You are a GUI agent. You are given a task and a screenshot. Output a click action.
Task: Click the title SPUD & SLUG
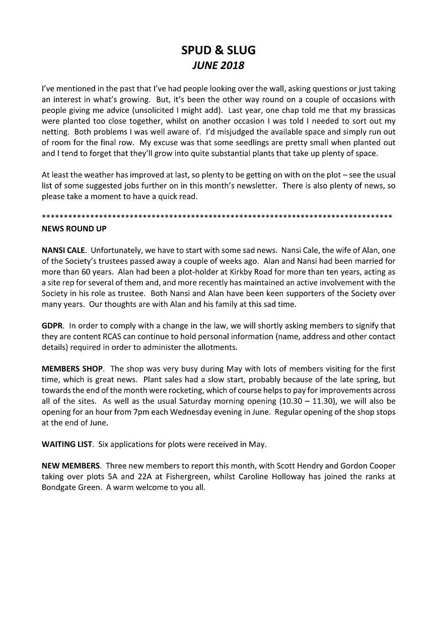[218, 50]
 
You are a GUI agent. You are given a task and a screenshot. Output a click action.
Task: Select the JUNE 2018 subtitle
[218, 66]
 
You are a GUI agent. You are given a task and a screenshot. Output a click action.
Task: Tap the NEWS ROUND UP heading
[74, 228]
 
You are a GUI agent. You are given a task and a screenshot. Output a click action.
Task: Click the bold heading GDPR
[51, 326]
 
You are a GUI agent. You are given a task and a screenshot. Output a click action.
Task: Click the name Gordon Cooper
[364, 466]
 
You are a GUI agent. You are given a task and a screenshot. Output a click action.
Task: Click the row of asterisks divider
[217, 217]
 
